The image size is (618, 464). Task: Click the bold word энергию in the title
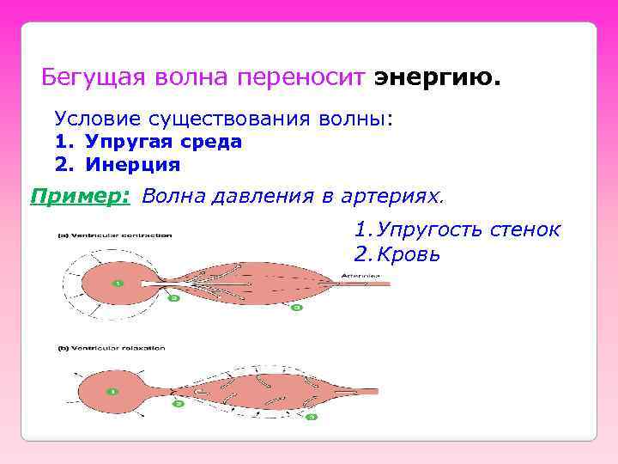436,78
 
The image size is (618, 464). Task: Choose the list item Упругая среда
163,142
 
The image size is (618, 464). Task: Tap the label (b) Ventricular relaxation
112,348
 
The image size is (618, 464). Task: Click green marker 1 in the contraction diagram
118,283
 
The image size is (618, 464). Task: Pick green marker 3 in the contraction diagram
298,307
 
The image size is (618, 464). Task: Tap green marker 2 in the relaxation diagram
178,402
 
